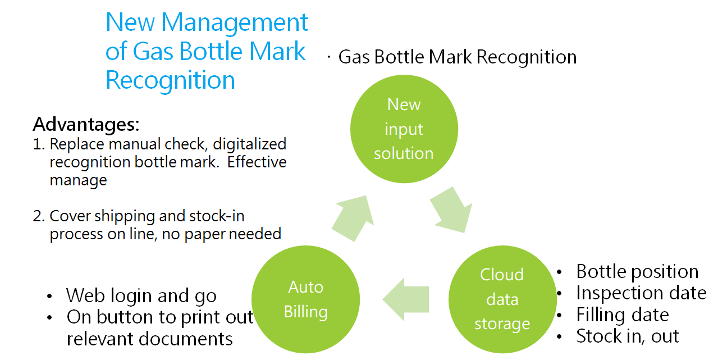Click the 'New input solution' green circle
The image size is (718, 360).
tap(404, 129)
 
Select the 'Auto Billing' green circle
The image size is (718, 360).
tap(305, 299)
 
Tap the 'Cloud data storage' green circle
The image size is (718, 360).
tap(502, 299)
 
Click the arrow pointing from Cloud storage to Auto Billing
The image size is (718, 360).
tap(406, 299)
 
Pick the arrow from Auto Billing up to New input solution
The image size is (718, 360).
tap(353, 218)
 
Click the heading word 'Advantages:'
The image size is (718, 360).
tap(86, 124)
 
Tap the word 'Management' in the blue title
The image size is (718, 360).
tap(234, 23)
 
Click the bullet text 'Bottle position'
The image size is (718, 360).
tap(637, 271)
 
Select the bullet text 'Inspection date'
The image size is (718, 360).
tap(641, 293)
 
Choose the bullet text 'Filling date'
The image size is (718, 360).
tap(623, 315)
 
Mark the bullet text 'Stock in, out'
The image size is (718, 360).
tap(627, 336)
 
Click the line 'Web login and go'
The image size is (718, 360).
tap(141, 295)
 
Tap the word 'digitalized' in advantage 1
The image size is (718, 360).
tap(249, 144)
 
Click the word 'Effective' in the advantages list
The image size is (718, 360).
tap(257, 162)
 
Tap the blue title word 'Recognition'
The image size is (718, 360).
tap(170, 80)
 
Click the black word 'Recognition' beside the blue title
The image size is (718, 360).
tap(527, 58)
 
